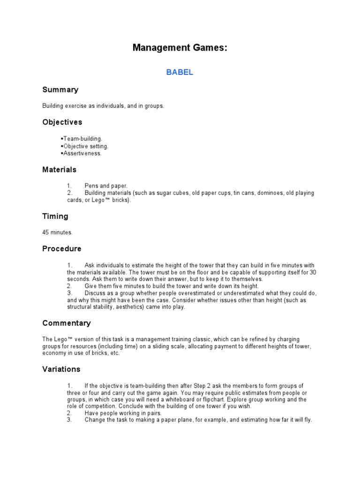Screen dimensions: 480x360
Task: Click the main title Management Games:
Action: [x=180, y=47]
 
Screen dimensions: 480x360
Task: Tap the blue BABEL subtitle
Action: [x=180, y=73]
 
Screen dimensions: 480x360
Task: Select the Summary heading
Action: [x=60, y=90]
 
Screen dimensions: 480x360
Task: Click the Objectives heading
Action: [x=62, y=122]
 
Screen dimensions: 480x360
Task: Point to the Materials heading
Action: [x=59, y=169]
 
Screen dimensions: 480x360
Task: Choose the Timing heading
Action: [x=55, y=216]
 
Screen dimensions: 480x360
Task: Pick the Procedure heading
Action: [x=61, y=248]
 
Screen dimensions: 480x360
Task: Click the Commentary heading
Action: [x=66, y=323]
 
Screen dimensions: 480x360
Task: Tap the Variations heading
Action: [x=61, y=369]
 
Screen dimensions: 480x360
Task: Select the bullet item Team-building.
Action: [x=82, y=139]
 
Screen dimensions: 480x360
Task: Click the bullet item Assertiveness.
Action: [x=82, y=153]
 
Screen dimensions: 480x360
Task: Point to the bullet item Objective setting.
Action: [x=85, y=146]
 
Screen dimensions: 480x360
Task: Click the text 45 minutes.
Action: [x=57, y=232]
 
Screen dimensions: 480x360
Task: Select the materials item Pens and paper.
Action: [x=106, y=186]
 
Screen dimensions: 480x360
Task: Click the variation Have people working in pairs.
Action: [x=123, y=413]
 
